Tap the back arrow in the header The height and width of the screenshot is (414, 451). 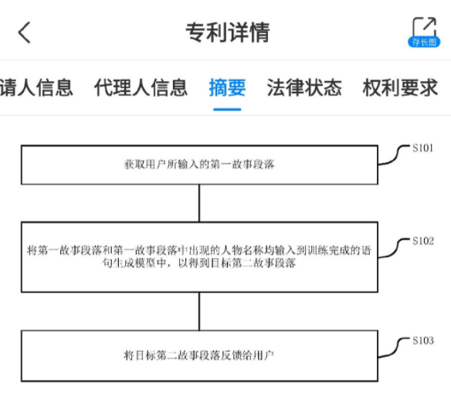click(x=24, y=32)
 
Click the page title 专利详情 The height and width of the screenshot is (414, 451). click(x=228, y=32)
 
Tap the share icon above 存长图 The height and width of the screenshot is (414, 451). click(x=425, y=26)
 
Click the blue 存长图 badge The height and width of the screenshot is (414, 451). click(x=424, y=42)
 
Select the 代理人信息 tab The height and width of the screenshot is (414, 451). click(x=141, y=87)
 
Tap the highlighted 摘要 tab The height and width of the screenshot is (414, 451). click(x=227, y=87)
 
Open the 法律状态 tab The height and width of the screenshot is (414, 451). click(x=304, y=87)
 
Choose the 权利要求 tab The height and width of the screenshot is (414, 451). click(x=400, y=87)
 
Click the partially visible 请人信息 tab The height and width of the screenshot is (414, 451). click(x=36, y=87)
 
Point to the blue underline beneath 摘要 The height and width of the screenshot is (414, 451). click(x=227, y=110)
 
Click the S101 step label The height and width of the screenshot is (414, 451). click(x=423, y=148)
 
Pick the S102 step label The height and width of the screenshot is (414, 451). click(x=423, y=241)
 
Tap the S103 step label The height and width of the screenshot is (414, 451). click(x=423, y=341)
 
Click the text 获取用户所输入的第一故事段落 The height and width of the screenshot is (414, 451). click(x=199, y=165)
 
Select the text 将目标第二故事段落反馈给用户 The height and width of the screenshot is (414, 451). click(x=198, y=355)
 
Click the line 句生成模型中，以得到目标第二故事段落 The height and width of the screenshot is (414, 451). click(x=199, y=263)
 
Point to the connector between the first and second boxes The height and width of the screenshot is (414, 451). click(x=199, y=203)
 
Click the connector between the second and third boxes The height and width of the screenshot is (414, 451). click(x=199, y=311)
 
